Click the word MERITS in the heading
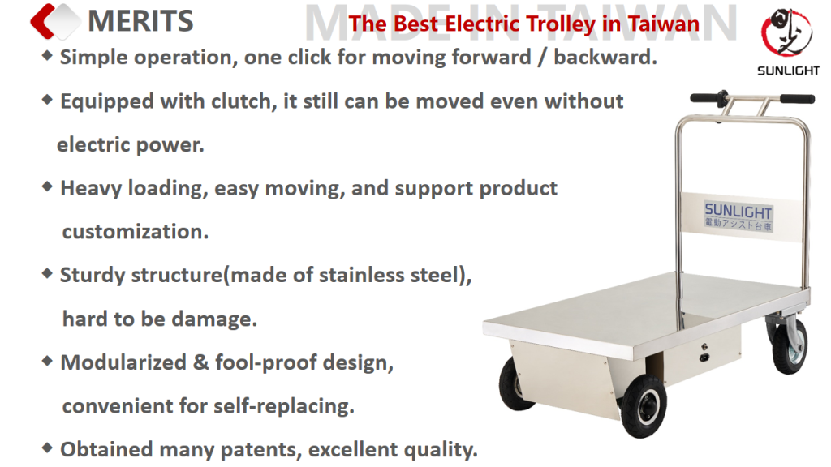coord(140,21)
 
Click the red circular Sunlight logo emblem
coord(786,32)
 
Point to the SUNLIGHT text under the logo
coord(788,71)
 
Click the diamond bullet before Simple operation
coord(47,55)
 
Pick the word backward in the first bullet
coord(605,57)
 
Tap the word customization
coord(136,232)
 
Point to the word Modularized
coord(123,362)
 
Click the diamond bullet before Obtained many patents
coord(47,448)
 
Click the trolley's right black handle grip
coord(797,98)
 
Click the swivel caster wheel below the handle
coord(788,343)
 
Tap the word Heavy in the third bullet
coord(91,188)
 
